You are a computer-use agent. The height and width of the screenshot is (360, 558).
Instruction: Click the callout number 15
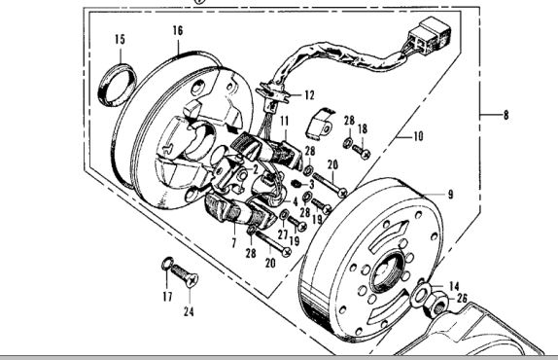pos(120,39)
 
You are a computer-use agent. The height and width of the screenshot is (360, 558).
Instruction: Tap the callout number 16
pos(178,31)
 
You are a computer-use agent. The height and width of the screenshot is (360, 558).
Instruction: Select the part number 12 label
pos(309,94)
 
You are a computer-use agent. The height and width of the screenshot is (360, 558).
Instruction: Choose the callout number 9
pos(450,195)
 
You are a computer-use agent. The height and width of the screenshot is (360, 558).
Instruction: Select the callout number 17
pos(166,296)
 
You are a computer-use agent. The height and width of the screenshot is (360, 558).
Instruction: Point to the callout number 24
pos(188,313)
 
